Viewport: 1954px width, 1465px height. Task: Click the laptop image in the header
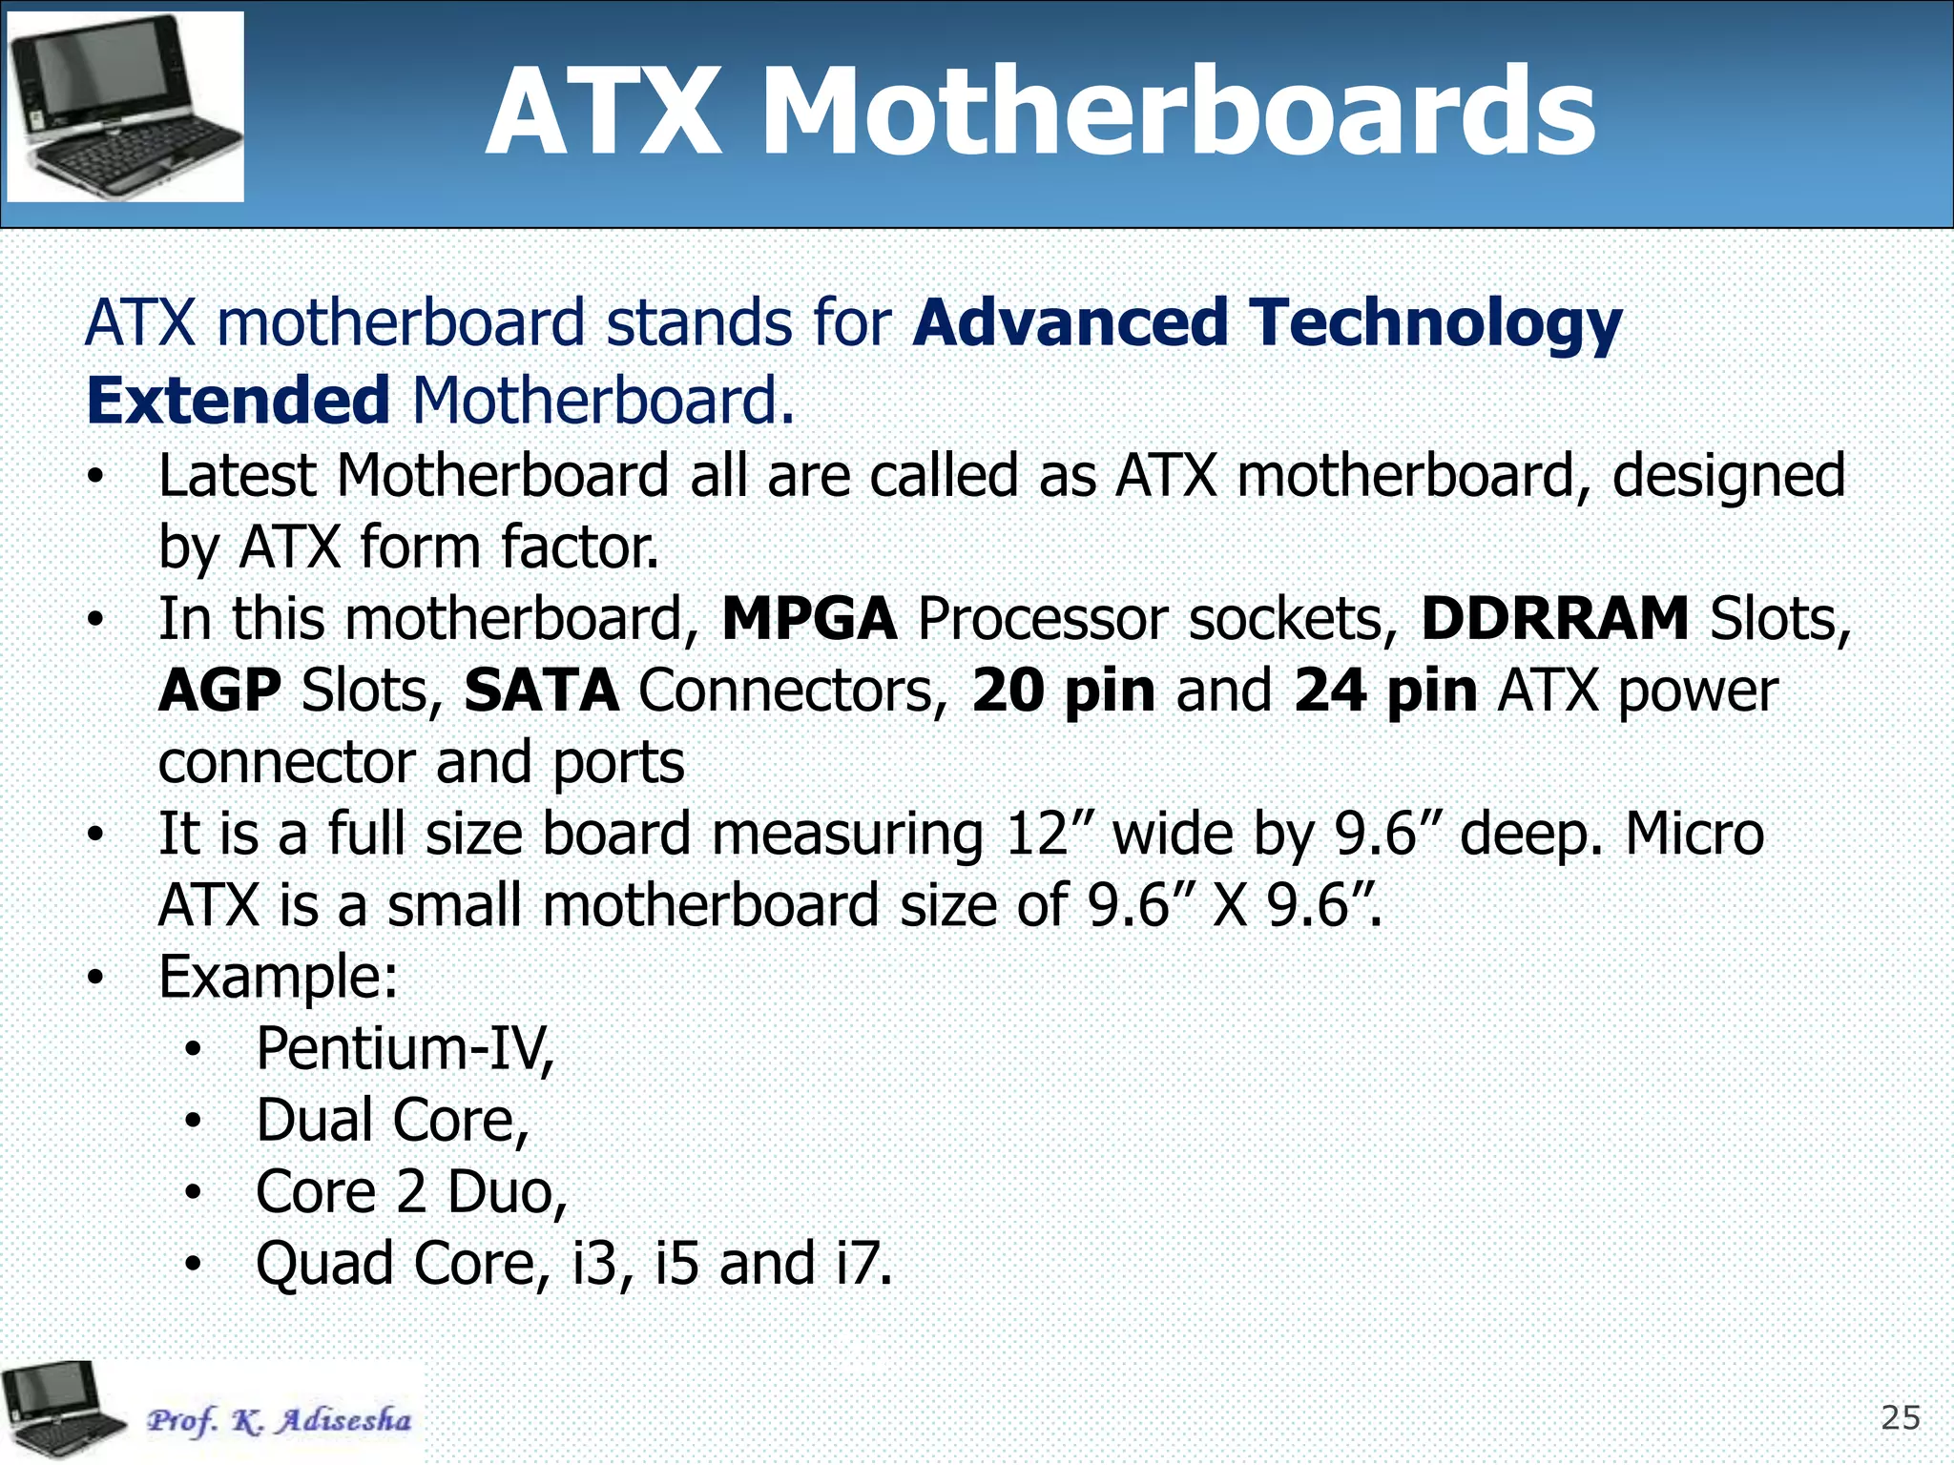pos(125,107)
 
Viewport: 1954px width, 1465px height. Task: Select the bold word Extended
pos(238,401)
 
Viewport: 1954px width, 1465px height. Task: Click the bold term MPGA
pos(809,619)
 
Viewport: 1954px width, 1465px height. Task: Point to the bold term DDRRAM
pos(1554,619)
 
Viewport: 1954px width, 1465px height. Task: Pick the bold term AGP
pos(219,691)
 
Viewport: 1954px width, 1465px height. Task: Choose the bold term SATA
pos(541,691)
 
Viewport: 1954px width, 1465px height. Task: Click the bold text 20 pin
pos(1063,691)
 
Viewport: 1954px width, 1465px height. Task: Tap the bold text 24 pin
pos(1385,691)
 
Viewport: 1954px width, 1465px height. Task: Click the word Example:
pos(278,978)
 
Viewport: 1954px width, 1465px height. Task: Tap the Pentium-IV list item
pos(405,1049)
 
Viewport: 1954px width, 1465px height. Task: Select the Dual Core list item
pos(392,1121)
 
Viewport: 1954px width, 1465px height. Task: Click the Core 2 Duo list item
pos(411,1192)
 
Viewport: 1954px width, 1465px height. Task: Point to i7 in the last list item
pos(863,1264)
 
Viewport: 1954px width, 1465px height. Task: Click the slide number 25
pos(1900,1418)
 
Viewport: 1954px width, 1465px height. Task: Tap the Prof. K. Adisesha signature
pos(279,1420)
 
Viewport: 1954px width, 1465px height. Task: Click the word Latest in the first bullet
pos(237,476)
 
